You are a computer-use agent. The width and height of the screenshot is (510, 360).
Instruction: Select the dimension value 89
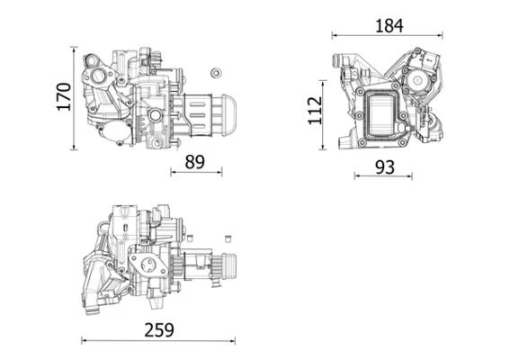pos(194,162)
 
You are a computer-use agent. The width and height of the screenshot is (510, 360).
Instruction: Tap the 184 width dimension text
pos(388,26)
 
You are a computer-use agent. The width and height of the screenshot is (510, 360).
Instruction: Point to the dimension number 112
pos(314,110)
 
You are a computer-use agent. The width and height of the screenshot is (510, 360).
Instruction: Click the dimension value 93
pos(383,166)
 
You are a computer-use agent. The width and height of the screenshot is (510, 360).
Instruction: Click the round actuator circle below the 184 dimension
pos(418,79)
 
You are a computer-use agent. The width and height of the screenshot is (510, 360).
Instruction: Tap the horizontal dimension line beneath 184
pos(388,36)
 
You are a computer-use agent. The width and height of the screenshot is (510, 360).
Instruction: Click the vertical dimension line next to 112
pos(325,111)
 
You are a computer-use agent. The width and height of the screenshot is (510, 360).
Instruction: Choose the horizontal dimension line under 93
pos(383,176)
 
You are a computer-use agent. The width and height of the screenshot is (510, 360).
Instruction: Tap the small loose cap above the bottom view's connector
pos(228,238)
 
